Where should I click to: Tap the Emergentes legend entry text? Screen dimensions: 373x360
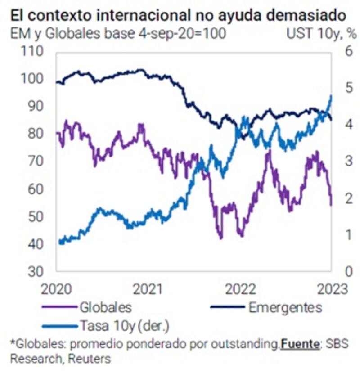click(285, 308)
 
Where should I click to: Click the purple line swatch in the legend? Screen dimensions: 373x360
click(58, 308)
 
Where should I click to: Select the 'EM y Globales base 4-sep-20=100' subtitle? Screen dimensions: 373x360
click(118, 34)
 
